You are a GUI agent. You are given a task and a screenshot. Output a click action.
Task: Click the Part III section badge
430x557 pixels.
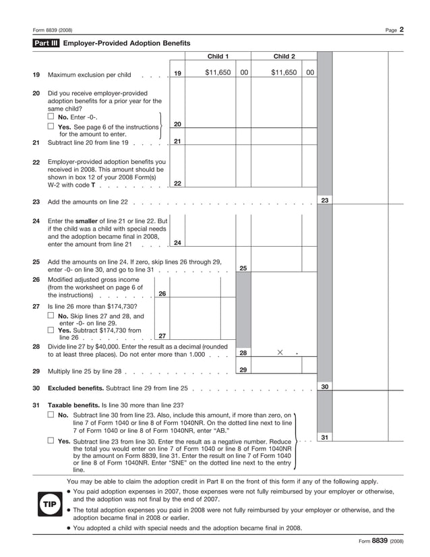pos(47,43)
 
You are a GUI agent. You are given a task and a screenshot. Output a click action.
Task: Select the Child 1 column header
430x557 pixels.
pos(218,57)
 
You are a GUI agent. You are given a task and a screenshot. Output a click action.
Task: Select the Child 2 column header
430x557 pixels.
pos(284,57)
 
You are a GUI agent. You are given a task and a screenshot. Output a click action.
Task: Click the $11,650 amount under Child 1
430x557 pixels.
pos(218,73)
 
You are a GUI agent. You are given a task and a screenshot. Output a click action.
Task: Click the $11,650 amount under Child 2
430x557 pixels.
pos(284,73)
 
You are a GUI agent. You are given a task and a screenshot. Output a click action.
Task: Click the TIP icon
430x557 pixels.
pos(50,504)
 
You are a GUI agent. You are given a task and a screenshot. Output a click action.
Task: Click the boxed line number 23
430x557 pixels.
pos(324,200)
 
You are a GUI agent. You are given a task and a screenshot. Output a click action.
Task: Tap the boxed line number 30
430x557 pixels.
pos(324,386)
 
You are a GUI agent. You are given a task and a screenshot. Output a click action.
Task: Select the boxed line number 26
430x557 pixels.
pos(162,293)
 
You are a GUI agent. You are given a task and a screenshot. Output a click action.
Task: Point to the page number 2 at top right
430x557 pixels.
pos(401,29)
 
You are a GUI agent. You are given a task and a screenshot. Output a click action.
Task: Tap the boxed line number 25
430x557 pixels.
pos(243,268)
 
